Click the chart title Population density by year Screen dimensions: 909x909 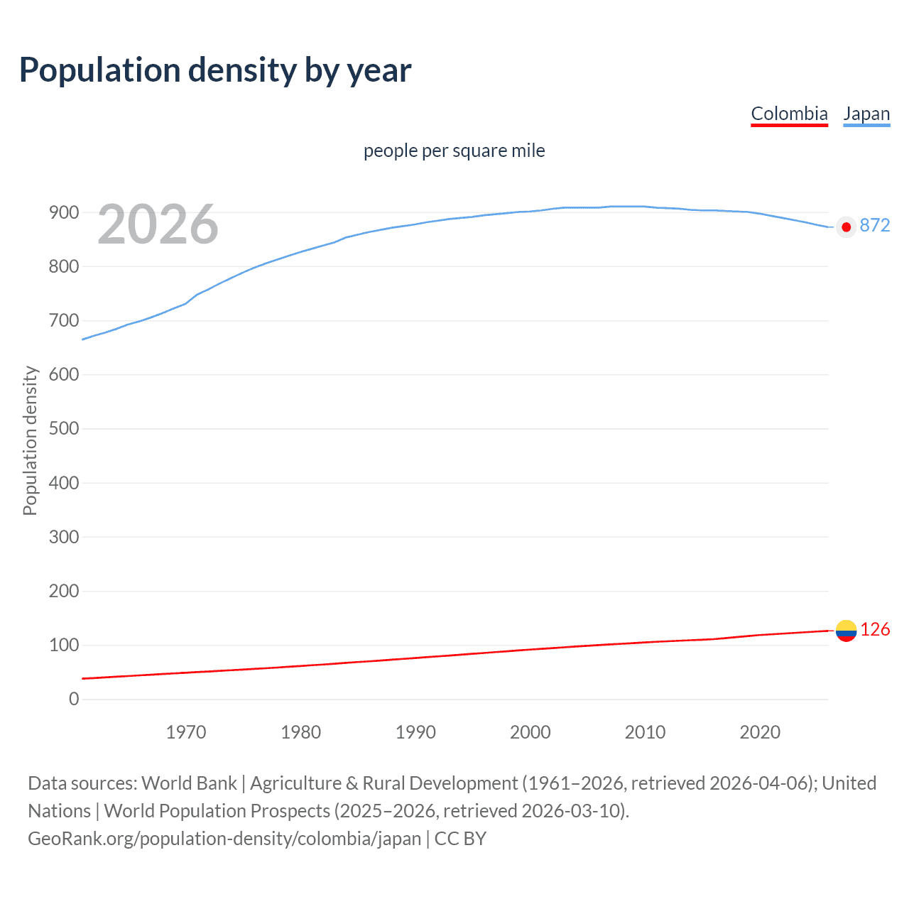click(x=215, y=70)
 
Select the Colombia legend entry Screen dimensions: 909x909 click(x=789, y=114)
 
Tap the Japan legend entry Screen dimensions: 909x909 click(x=866, y=114)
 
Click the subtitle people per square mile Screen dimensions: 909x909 click(x=454, y=151)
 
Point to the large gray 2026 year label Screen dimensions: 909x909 click(x=158, y=224)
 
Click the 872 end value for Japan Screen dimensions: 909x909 click(x=874, y=225)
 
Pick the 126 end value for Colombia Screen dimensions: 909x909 click(x=875, y=630)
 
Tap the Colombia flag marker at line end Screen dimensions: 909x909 click(x=846, y=631)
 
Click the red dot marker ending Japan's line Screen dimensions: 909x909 click(x=846, y=227)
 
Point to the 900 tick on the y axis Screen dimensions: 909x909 click(x=63, y=212)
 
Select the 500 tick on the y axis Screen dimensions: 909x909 click(x=63, y=429)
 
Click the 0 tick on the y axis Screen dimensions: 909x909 click(x=74, y=700)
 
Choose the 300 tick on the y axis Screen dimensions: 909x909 click(x=63, y=537)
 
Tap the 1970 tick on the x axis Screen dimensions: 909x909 click(x=186, y=732)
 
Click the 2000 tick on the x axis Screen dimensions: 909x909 click(x=530, y=732)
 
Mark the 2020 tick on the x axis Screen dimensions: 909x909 click(x=760, y=732)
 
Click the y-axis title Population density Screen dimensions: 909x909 click(x=30, y=440)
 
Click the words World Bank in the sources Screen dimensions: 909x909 click(x=189, y=783)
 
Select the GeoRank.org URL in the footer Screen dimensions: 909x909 click(x=224, y=839)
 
